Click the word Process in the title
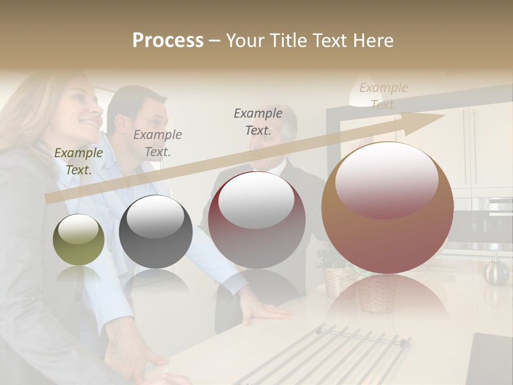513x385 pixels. [168, 41]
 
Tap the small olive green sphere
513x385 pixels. [79, 240]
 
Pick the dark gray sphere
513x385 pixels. [156, 232]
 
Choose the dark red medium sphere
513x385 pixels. [256, 219]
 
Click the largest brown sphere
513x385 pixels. [387, 207]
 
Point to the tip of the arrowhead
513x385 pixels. [445, 115]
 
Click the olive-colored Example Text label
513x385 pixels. [78, 161]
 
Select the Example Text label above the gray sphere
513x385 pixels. [158, 143]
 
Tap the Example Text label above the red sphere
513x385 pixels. [258, 122]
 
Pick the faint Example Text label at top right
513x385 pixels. [383, 96]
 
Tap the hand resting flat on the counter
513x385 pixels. [265, 310]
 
